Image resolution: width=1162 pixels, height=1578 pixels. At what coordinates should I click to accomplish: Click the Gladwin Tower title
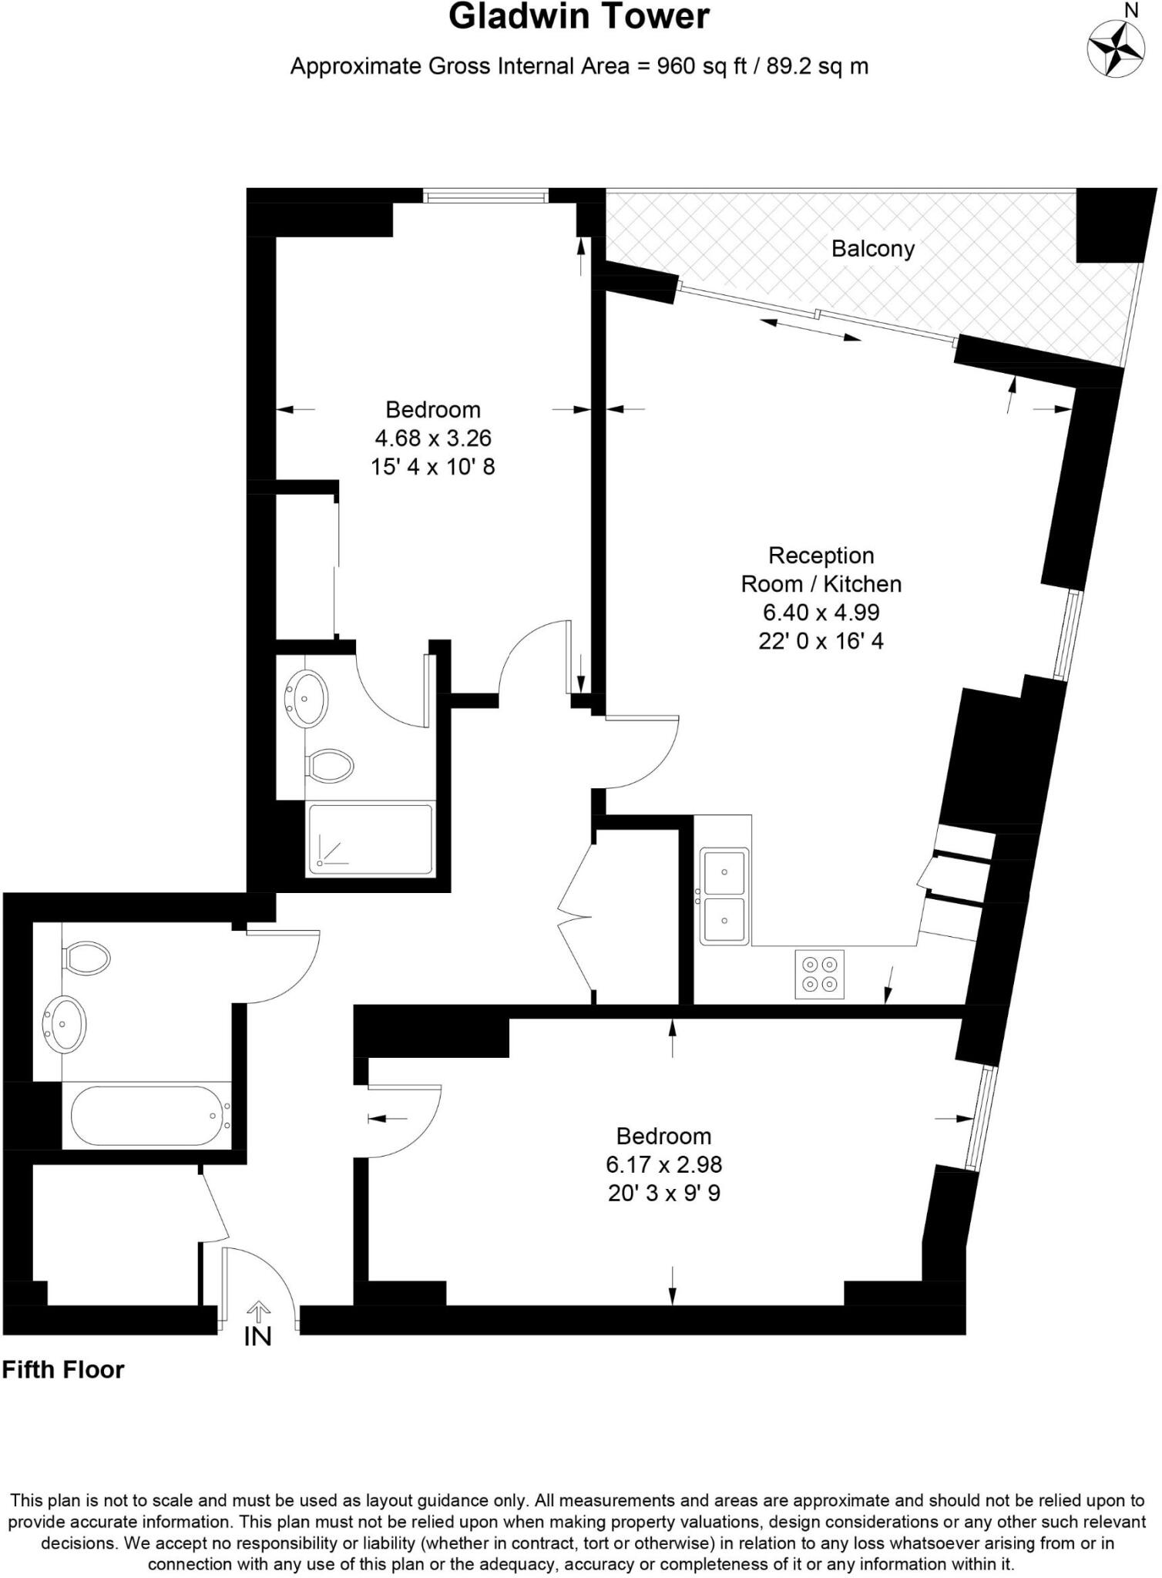coord(579,17)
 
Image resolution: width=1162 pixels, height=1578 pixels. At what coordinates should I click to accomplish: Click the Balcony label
coord(872,249)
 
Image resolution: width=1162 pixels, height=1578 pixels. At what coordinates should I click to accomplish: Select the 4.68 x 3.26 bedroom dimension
coord(432,438)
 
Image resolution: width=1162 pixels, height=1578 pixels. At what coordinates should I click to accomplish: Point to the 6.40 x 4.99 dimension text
coord(821,613)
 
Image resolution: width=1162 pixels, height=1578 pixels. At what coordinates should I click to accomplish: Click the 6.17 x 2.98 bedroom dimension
coord(663,1164)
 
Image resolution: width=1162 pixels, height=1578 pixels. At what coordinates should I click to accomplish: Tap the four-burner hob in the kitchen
coord(819,974)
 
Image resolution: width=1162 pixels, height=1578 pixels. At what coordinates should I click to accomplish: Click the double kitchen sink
coord(724,896)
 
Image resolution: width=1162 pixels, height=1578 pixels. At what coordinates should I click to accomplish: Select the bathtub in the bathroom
coord(146,1116)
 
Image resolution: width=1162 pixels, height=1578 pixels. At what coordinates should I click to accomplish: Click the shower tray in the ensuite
coord(370,839)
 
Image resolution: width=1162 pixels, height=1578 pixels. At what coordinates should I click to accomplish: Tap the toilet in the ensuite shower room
coord(330,766)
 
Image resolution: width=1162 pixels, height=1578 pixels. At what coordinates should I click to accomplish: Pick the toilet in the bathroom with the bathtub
coord(86,958)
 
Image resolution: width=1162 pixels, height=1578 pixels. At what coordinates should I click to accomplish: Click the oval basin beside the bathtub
coord(65,1024)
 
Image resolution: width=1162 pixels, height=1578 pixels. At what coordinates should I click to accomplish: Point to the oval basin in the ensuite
coord(307,697)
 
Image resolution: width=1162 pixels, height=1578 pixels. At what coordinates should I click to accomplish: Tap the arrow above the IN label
coord(257,1310)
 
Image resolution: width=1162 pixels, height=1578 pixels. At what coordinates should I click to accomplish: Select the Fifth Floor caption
coord(63,1369)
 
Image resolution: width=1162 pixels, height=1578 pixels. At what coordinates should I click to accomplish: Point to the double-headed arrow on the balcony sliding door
coord(810,329)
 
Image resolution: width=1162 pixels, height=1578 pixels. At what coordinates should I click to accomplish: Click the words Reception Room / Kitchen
coord(821,569)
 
